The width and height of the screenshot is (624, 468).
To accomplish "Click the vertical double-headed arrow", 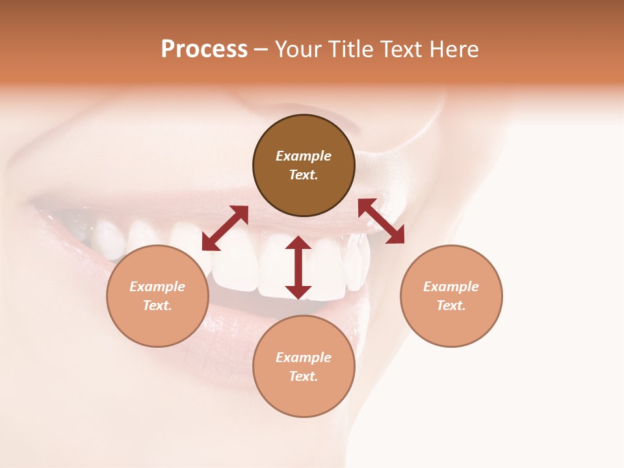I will point(298,268).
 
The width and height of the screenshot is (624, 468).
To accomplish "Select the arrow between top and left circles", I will point(225,228).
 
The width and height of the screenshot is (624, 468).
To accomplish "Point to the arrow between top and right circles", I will point(382,221).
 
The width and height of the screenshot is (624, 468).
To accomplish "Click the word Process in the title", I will point(204,49).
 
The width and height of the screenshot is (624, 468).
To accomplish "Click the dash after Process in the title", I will point(261,49).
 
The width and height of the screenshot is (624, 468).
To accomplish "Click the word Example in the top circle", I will point(304,156).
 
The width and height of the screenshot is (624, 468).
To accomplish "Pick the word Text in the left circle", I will point(157,305).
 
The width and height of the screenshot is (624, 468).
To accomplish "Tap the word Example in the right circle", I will point(451,287).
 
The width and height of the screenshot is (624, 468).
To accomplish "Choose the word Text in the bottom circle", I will point(304,376).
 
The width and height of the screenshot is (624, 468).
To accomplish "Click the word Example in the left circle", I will point(157,287).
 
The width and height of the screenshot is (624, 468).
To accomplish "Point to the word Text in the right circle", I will point(451,305).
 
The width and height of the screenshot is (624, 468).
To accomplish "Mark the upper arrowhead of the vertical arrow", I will point(298,243).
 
